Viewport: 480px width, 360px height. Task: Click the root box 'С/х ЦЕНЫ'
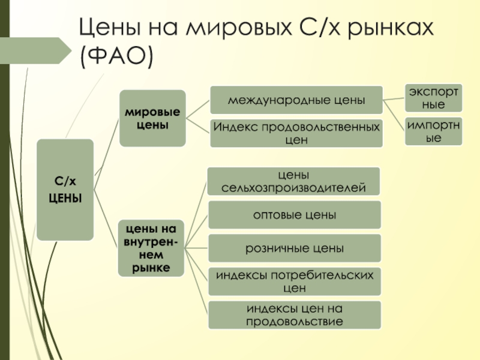(x=65, y=190)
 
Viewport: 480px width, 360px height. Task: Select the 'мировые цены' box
(x=152, y=118)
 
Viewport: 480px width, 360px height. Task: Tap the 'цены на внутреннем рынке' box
(x=151, y=248)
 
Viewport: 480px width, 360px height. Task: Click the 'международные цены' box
(x=296, y=100)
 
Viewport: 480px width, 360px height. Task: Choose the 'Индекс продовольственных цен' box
(x=296, y=133)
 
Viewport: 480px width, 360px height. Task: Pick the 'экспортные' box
(x=433, y=98)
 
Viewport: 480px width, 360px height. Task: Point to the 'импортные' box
(x=433, y=131)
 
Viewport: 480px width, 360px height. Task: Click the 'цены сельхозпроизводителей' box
(x=293, y=181)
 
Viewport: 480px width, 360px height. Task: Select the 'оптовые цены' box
(x=295, y=215)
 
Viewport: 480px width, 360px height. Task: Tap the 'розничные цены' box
(x=295, y=248)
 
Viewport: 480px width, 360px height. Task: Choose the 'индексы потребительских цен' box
(x=295, y=281)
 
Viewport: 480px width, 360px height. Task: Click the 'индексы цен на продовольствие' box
(x=295, y=315)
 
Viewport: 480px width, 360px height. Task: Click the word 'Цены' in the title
(x=110, y=28)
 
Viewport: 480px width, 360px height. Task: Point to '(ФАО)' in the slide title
(x=116, y=56)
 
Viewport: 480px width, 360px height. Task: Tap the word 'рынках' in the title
(x=391, y=29)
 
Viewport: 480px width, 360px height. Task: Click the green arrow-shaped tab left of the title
(x=35, y=50)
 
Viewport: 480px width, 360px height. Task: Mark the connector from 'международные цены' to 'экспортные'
(x=394, y=99)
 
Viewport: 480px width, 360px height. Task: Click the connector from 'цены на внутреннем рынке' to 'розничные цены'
(x=196, y=248)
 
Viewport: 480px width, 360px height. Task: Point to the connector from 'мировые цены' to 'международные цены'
(x=198, y=109)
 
